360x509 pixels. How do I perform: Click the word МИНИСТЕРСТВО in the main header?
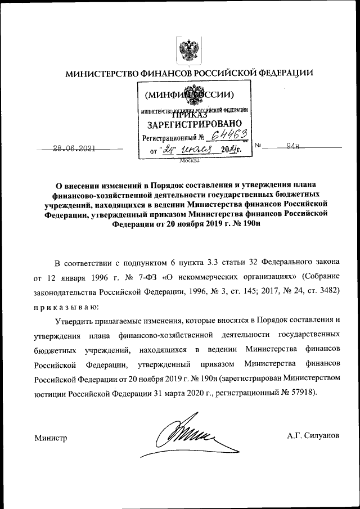pyautogui.click(x=101, y=74)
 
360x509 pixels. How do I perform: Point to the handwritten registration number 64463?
pyautogui.click(x=228, y=134)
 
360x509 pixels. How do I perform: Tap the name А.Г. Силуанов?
pyautogui.click(x=313, y=436)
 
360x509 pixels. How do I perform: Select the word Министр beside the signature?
pyautogui.click(x=51, y=438)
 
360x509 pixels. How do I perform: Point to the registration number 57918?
pyautogui.click(x=302, y=391)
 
